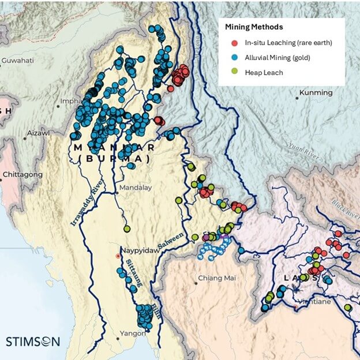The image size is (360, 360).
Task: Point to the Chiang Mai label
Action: (217, 278)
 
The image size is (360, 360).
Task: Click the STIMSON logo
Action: (33, 341)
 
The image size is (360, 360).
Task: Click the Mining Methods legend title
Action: (253, 27)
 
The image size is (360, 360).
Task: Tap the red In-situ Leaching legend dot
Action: (234, 43)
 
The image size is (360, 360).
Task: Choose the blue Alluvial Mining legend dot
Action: (234, 57)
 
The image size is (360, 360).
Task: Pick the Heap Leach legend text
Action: (262, 71)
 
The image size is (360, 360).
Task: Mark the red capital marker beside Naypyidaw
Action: (118, 255)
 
